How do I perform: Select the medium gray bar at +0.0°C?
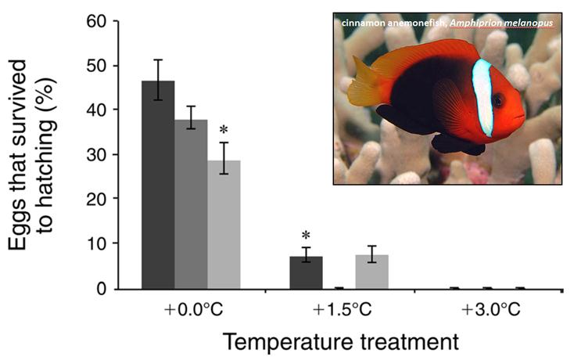pyautogui.click(x=191, y=204)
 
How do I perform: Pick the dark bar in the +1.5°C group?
pyautogui.click(x=306, y=273)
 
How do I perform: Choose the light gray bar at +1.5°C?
pyautogui.click(x=371, y=272)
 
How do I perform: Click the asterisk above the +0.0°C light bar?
pyautogui.click(x=224, y=129)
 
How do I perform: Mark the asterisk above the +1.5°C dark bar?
pyautogui.click(x=306, y=235)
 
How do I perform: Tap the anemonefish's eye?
pyautogui.click(x=497, y=100)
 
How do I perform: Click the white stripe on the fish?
pyautogui.click(x=482, y=98)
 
